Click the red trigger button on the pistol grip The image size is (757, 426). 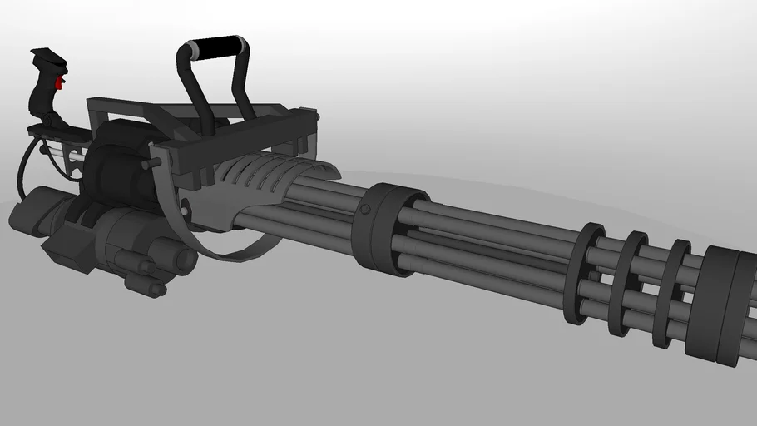[x=58, y=83]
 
